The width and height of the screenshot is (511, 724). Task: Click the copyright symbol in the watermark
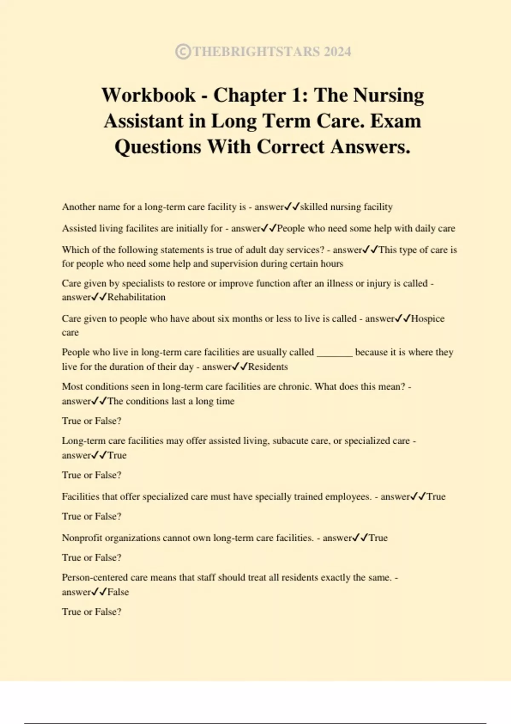(x=183, y=52)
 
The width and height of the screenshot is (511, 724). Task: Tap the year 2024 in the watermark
(x=337, y=52)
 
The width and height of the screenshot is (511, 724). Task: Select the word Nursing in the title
(x=390, y=95)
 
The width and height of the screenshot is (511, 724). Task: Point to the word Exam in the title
(x=396, y=121)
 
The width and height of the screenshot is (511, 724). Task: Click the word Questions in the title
(x=158, y=147)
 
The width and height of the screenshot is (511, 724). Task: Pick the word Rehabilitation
(x=136, y=297)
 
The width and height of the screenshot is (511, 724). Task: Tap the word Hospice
(x=428, y=319)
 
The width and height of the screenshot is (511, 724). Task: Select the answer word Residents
(x=268, y=367)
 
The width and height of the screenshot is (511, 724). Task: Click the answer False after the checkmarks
(x=118, y=592)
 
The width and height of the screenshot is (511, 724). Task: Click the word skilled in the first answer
(x=314, y=207)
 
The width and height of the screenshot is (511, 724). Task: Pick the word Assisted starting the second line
(x=79, y=228)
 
